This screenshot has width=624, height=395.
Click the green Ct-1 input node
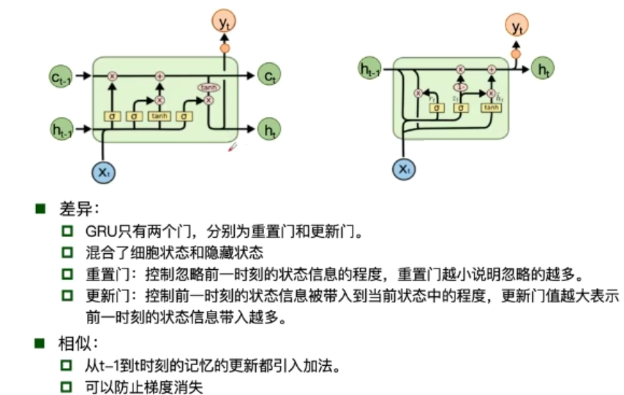click(x=61, y=75)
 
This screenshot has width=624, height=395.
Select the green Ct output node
click(x=270, y=75)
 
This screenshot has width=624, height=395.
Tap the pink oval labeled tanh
click(x=206, y=88)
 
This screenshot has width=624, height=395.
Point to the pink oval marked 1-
click(x=461, y=86)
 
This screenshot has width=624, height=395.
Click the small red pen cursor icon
click(x=233, y=148)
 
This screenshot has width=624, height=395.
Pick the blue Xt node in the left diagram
click(x=103, y=172)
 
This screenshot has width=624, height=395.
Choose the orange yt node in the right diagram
click(x=517, y=27)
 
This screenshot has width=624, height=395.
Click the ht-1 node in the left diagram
click(x=61, y=130)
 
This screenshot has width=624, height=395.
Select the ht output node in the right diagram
click(x=542, y=69)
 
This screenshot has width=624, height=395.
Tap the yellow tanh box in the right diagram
click(x=491, y=108)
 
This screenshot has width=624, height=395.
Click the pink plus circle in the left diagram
click(x=159, y=75)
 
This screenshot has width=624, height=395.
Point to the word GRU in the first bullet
click(x=99, y=233)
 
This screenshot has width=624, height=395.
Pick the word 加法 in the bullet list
click(x=319, y=364)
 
